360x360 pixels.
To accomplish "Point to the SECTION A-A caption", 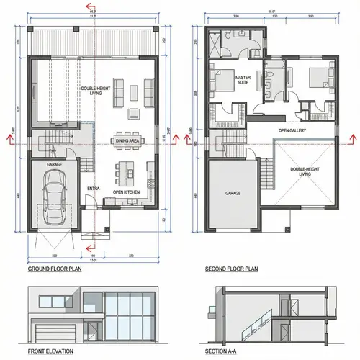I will point(225,352).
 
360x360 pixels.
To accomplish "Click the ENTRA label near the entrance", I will point(93,189).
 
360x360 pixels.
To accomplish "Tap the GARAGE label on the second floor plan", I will point(232,193).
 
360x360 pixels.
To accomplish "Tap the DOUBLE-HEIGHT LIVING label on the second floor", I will point(304,171).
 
